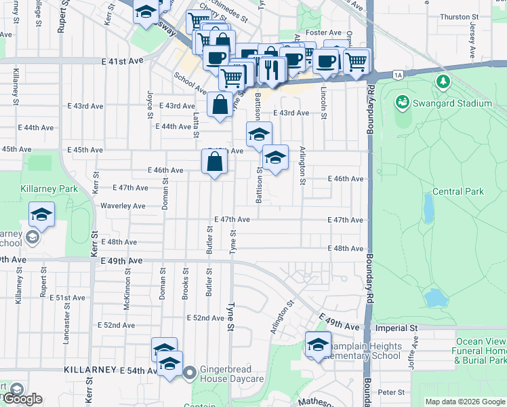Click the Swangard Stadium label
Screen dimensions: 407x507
click(451, 103)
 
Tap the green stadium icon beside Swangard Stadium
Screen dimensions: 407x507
click(402, 102)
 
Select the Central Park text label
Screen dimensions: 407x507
click(458, 191)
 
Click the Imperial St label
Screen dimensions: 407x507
click(396, 328)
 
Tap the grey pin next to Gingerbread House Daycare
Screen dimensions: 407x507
click(190, 372)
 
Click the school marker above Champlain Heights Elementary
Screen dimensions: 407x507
click(317, 345)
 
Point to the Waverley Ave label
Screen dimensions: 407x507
click(123, 206)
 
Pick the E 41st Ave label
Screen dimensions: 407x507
click(123, 61)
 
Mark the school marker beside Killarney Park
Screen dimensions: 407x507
click(42, 216)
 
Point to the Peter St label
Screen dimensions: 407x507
click(391, 392)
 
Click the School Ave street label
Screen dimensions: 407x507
click(190, 83)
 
